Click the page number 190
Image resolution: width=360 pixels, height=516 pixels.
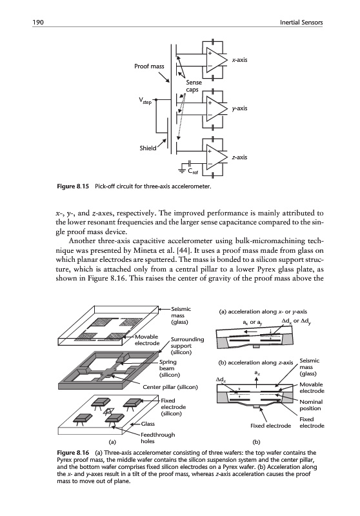pyautogui.click(x=38, y=23)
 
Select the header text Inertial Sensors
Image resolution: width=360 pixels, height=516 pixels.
pyautogui.click(x=301, y=23)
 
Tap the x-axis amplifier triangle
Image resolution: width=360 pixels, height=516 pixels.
pyautogui.click(x=216, y=60)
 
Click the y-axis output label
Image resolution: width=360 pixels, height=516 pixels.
pyautogui.click(x=239, y=108)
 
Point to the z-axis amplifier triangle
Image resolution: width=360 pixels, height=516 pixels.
pyautogui.click(x=216, y=157)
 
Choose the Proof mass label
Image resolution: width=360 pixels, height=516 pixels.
pyautogui.click(x=149, y=66)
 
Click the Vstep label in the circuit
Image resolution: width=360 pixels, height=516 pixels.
pyautogui.click(x=145, y=100)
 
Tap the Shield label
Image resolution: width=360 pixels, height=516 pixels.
pyautogui.click(x=148, y=148)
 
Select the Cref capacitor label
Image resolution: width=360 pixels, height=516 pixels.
pyautogui.click(x=193, y=171)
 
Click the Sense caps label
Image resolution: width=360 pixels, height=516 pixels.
pyautogui.click(x=194, y=86)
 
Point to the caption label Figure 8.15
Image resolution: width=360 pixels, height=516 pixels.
pyautogui.click(x=73, y=186)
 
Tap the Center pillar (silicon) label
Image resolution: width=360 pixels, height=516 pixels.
pyautogui.click(x=170, y=387)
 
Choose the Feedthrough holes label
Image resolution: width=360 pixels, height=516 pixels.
pyautogui.click(x=157, y=438)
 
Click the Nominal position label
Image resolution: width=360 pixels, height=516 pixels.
pyautogui.click(x=311, y=405)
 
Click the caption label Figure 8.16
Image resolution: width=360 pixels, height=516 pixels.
pyautogui.click(x=73, y=453)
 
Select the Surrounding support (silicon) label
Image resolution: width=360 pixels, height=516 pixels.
pyautogui.click(x=187, y=346)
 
